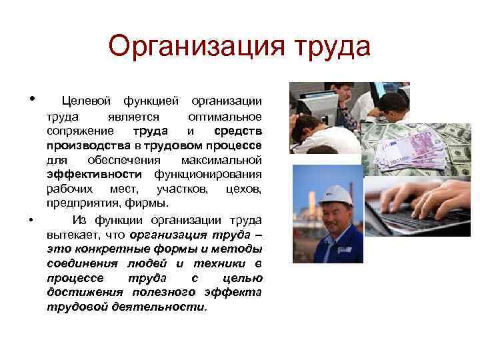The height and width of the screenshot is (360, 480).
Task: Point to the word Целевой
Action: pyautogui.click(x=87, y=101)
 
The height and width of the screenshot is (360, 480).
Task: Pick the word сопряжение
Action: pyautogui.click(x=80, y=130)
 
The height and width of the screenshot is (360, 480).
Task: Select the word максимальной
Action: pyautogui.click(x=221, y=160)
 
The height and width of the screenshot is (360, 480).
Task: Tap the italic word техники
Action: pyautogui.click(x=225, y=263)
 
